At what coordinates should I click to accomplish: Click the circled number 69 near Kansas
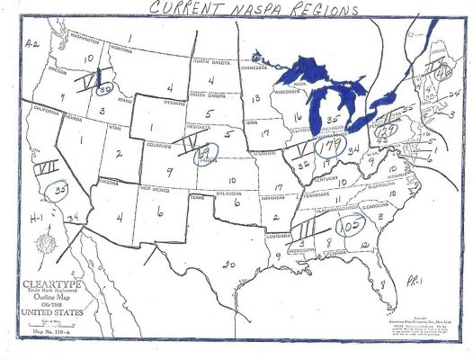207,156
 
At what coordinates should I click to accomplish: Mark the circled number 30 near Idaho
106,91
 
